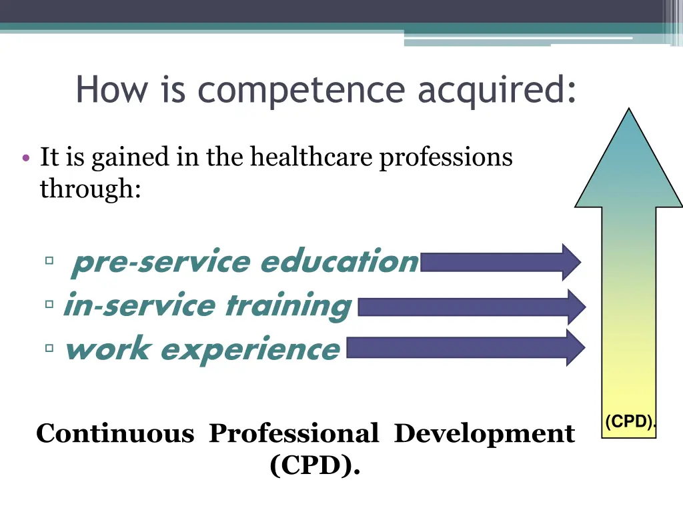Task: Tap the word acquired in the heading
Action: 496,91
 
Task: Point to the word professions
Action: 446,158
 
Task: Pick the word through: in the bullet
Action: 90,189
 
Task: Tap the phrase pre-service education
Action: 245,261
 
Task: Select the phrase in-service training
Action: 207,306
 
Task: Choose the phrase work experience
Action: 202,349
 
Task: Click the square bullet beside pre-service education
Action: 50,261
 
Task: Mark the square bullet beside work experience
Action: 50,347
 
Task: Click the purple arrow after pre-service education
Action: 500,261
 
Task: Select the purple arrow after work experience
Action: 466,347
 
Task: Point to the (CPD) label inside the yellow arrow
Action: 629,421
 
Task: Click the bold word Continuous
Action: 115,433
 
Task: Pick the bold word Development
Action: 484,433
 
